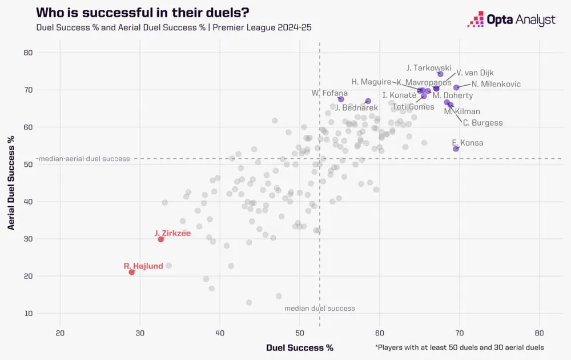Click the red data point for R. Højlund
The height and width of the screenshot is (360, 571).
[x=132, y=272]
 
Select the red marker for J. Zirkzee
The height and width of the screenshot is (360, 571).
[x=161, y=239]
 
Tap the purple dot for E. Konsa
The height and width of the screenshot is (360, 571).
[x=456, y=149]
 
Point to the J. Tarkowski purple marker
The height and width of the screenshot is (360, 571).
[x=440, y=74]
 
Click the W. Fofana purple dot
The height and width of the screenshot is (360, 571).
[x=341, y=99]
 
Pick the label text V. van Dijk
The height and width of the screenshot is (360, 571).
[x=475, y=73]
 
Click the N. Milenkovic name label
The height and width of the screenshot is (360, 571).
[x=496, y=84]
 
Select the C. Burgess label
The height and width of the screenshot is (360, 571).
[x=482, y=123]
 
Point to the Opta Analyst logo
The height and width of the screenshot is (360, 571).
[x=511, y=20]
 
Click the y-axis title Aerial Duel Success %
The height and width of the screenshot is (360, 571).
[x=11, y=183]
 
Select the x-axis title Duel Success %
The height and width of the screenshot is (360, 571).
[x=299, y=347]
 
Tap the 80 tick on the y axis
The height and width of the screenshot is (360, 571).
[x=28, y=53]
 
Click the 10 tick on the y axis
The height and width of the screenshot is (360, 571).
[x=28, y=313]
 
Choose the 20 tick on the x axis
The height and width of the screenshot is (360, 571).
[x=60, y=333]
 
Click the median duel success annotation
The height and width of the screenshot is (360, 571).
[x=320, y=309]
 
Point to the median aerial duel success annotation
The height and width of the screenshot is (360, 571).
[x=83, y=159]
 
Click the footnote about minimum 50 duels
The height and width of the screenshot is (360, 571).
[x=459, y=347]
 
